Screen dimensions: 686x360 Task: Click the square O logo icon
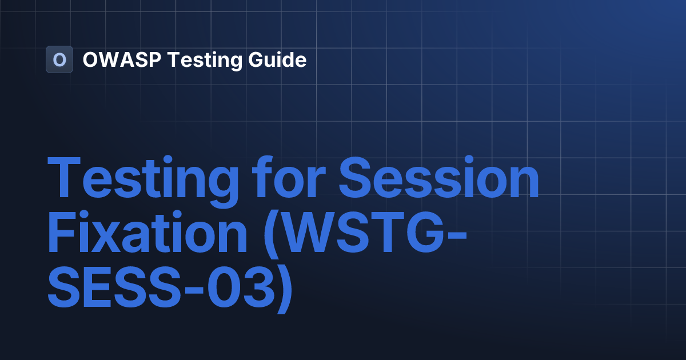pos(59,59)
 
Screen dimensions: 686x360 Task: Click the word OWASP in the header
pos(122,59)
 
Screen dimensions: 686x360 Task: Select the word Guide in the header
pos(277,59)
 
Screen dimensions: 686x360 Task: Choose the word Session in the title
pos(438,177)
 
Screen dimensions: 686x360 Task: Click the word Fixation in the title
pos(147,231)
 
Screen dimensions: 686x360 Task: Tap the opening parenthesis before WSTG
pos(272,234)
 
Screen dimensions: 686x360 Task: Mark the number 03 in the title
pos(241,287)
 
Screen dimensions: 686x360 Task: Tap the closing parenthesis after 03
pos(285,290)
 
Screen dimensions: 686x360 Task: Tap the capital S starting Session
pos(354,177)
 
